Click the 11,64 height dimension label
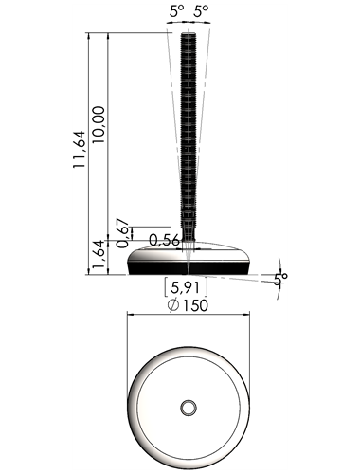80,149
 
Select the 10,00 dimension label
99,124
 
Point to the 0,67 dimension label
123,233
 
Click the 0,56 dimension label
164,240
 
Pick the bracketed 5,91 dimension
186,287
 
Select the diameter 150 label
189,305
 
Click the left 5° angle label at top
176,11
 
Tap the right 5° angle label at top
201,11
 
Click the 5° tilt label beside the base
280,279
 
